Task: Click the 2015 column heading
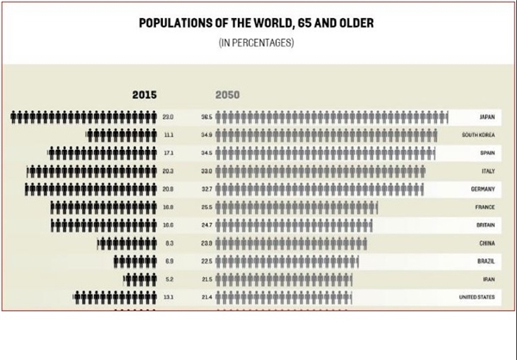(x=144, y=95)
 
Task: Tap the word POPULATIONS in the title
(x=177, y=22)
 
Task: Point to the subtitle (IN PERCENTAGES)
(x=256, y=40)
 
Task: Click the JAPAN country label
(x=486, y=116)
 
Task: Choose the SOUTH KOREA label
(x=478, y=134)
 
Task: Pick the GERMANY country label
(x=482, y=189)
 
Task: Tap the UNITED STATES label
(x=476, y=297)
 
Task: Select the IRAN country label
(x=488, y=279)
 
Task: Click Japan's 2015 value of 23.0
(x=168, y=116)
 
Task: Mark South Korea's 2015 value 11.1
(x=168, y=134)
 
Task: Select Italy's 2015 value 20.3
(x=168, y=171)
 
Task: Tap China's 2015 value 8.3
(x=169, y=243)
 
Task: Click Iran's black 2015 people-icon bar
(x=138, y=279)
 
